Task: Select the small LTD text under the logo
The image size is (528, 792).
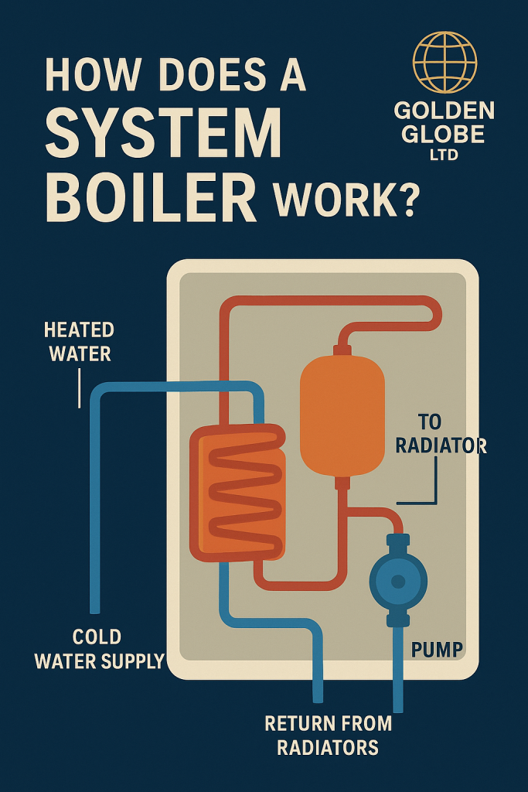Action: click(443, 155)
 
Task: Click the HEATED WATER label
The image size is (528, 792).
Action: click(79, 341)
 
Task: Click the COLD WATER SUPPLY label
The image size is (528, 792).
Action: click(99, 648)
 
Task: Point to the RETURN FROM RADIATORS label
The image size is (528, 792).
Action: click(329, 735)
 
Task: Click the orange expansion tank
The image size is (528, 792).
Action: click(342, 416)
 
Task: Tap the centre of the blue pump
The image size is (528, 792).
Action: click(397, 581)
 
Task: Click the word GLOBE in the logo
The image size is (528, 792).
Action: click(443, 133)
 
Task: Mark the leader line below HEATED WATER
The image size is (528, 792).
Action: click(79, 387)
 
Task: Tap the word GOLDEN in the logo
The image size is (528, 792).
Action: click(444, 110)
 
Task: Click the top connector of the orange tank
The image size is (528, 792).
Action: click(342, 350)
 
